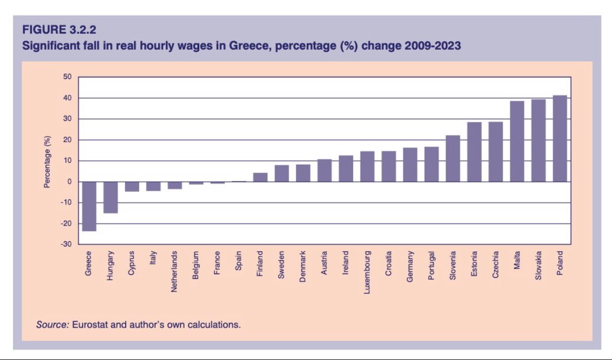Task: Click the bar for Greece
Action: (x=89, y=206)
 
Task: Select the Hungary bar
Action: (x=110, y=197)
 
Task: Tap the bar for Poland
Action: (x=560, y=139)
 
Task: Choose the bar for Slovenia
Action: (x=453, y=159)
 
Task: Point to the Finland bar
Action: (x=260, y=177)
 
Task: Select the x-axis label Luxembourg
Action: (x=367, y=272)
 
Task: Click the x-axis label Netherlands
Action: (x=175, y=272)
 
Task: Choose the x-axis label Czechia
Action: (x=495, y=265)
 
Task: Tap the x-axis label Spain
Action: (x=239, y=261)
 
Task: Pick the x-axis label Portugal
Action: (x=432, y=266)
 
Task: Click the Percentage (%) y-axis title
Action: (x=47, y=161)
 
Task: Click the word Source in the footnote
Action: (x=52, y=325)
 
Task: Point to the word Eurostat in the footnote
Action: (x=90, y=325)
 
